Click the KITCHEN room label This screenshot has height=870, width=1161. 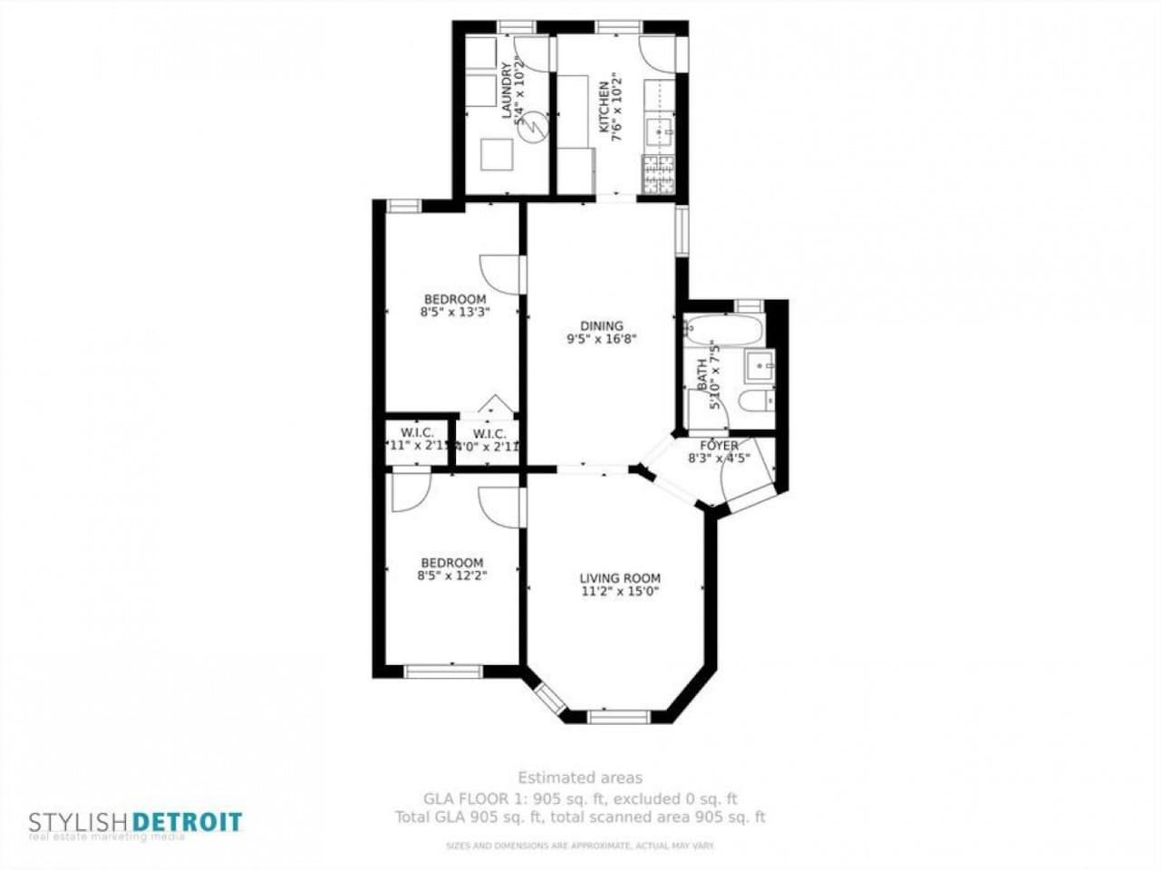[x=604, y=101]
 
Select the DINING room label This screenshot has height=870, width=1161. [x=602, y=326]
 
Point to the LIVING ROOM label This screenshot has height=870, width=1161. [x=620, y=578]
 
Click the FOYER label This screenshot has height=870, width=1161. [x=719, y=446]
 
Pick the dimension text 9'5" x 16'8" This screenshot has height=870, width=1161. [x=602, y=340]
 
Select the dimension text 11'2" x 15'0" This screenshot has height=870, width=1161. [x=620, y=592]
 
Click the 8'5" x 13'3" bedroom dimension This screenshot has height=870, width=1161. [x=455, y=313]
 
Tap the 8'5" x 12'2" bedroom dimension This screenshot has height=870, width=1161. [x=452, y=575]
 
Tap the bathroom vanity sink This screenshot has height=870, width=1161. [x=759, y=366]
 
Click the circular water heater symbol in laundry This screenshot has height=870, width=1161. [x=533, y=125]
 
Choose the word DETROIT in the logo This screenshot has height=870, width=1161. [x=188, y=823]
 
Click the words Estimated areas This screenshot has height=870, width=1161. [x=580, y=778]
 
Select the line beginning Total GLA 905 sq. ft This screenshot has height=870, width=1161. [x=580, y=817]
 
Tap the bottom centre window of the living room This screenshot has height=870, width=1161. [x=619, y=717]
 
